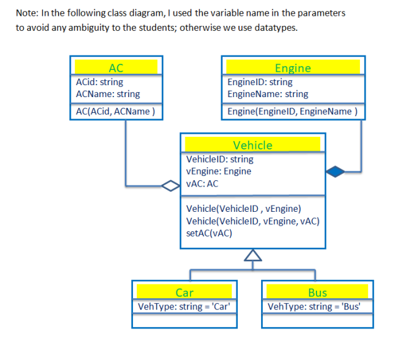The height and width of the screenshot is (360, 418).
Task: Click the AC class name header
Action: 116,67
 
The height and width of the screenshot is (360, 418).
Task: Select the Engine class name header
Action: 293,67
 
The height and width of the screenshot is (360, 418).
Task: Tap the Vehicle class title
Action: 253,145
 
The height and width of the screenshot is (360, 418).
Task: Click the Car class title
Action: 184,293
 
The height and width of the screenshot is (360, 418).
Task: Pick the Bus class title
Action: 317,293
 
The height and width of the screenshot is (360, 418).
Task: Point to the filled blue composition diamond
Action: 336,170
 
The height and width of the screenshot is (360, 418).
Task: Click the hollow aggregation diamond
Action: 170,185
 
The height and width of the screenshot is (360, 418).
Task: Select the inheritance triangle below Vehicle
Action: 253,255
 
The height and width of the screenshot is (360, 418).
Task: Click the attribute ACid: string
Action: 100,82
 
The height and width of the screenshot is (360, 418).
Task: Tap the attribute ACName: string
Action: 108,94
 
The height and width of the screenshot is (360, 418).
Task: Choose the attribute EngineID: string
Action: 260,82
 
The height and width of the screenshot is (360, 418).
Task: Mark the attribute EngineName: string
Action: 267,94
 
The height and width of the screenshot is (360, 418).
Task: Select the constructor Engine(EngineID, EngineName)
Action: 292,112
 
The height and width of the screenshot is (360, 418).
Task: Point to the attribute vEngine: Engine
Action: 219,171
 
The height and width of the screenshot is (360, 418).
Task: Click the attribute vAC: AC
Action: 202,184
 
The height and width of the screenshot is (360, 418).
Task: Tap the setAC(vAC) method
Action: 209,233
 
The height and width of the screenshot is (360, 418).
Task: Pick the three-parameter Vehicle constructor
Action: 253,221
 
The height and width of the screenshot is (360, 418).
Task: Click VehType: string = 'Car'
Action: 184,307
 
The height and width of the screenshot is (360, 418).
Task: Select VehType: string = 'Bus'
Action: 317,307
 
